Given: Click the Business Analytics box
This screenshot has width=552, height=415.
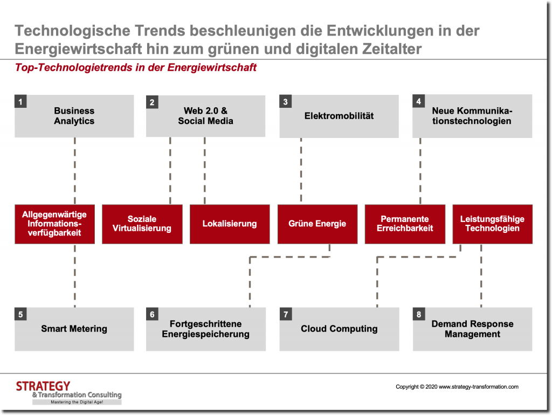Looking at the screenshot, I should (x=74, y=116).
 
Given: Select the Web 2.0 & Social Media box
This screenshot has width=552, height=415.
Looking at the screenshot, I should (x=205, y=116).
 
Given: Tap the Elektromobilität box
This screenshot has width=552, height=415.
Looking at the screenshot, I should (x=339, y=116).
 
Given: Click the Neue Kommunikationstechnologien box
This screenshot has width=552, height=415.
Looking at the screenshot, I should (x=472, y=116).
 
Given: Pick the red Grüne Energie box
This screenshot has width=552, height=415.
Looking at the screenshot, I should (x=317, y=224).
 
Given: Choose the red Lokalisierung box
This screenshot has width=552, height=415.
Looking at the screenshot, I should (x=230, y=224).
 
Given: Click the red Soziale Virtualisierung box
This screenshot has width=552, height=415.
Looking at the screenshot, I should (x=142, y=224).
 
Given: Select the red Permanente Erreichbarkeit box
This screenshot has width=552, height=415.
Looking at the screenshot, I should (x=405, y=224).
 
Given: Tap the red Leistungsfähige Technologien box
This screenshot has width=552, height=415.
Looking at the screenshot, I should (x=492, y=224).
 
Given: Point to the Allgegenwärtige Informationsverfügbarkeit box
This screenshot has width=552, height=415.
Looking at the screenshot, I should (x=54, y=224).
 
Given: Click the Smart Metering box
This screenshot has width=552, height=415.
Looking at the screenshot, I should (x=74, y=329).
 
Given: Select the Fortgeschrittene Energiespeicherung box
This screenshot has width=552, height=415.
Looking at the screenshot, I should (x=205, y=329).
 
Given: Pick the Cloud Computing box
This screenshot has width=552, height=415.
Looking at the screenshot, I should (x=339, y=329).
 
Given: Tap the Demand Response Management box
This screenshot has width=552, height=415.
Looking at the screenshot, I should (x=472, y=329).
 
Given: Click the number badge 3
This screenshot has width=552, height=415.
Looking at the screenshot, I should (x=285, y=102).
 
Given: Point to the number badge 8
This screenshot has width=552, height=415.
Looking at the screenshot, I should (x=418, y=314).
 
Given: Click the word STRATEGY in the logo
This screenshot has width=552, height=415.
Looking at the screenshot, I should (x=43, y=386).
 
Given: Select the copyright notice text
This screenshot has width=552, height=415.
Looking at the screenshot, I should (x=457, y=386).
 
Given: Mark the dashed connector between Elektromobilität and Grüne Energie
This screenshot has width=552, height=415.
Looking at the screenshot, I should (x=301, y=170).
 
